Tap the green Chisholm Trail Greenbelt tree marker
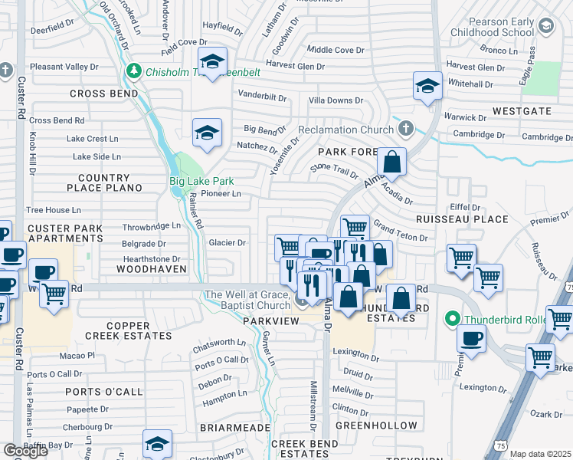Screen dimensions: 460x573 click(135, 71)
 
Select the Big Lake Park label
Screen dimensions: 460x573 click(201, 182)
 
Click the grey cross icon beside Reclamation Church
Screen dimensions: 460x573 click(406, 129)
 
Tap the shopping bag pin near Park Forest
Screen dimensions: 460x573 click(391, 163)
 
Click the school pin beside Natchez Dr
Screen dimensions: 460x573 click(206, 133)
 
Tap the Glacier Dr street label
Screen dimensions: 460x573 click(227, 243)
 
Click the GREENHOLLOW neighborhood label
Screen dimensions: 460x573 click(376, 426)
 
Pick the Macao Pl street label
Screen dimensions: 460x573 click(80, 356)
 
